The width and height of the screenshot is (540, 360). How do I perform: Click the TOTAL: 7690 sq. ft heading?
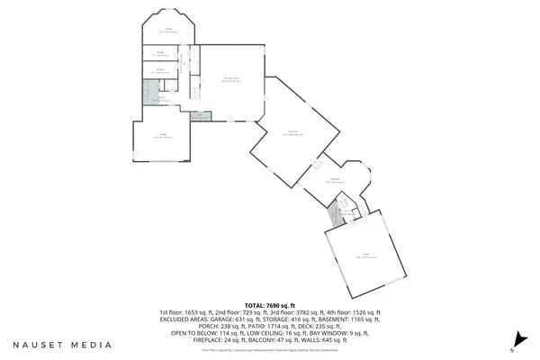tap(270, 307)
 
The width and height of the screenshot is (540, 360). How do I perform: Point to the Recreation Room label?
tap(230, 79)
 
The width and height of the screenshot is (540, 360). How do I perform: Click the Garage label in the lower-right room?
tap(365, 256)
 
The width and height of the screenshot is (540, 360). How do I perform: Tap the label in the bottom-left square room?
tap(163, 137)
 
